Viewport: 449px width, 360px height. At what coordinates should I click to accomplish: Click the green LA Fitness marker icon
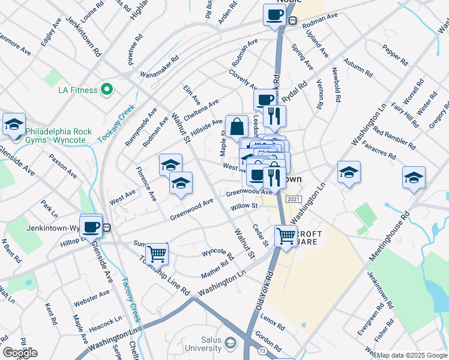[x=107, y=90]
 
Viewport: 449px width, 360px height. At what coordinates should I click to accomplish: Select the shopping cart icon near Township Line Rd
[x=157, y=253]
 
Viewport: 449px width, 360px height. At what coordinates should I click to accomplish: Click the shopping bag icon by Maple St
[x=237, y=127]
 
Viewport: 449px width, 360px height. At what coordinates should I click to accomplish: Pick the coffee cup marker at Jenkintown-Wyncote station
[x=91, y=227]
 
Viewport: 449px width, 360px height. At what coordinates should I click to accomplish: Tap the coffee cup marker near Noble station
[x=274, y=14]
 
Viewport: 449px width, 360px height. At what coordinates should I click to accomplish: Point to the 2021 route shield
[x=294, y=199]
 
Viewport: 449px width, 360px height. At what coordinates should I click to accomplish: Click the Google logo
[x=19, y=353]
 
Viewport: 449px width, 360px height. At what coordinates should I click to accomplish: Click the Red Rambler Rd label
[x=393, y=137]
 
